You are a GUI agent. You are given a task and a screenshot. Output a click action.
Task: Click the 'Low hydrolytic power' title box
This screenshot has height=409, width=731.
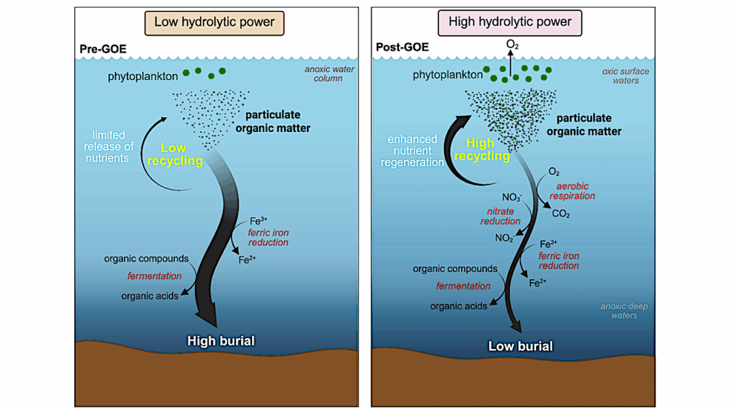tap(214, 23)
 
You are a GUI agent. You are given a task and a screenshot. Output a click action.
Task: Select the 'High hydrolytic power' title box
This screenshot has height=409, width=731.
tap(510, 23)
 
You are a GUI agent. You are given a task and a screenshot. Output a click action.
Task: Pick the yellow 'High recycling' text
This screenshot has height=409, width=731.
tap(483, 149)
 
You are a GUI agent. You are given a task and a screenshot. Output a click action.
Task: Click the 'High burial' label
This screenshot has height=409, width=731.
tap(221, 340)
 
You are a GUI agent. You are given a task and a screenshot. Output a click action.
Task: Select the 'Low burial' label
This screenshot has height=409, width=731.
tap(520, 346)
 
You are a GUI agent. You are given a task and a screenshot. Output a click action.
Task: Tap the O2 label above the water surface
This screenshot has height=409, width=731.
tap(513, 44)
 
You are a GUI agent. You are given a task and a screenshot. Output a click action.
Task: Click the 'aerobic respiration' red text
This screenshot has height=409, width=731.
tap(573, 191)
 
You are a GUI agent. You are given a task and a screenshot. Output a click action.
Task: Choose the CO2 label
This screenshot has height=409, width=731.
tap(561, 213)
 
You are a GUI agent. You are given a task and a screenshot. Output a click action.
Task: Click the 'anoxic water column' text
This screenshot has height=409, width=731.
tap(328, 74)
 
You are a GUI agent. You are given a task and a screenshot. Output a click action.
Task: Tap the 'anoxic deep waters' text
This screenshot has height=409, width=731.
tap(624, 311)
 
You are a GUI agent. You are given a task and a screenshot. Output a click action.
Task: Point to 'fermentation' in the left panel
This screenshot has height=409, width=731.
tap(154, 276)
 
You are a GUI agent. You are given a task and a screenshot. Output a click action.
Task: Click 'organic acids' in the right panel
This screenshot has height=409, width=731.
tap(458, 306)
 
